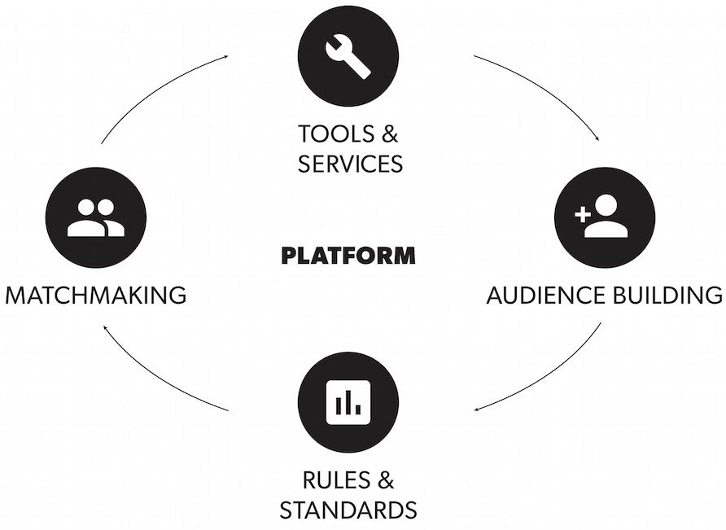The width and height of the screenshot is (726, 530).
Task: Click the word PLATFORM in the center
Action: tap(348, 256)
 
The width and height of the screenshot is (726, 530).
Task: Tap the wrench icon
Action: tap(348, 56)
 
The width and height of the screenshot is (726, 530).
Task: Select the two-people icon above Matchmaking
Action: tap(96, 218)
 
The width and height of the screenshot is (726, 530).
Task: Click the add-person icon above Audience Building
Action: tap(602, 218)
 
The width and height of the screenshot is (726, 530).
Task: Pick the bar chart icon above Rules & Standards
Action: tap(348, 401)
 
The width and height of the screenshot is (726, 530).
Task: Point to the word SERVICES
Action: tap(350, 164)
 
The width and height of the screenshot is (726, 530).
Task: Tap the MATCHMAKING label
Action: tap(96, 295)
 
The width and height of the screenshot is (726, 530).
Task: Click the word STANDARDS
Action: tap(348, 510)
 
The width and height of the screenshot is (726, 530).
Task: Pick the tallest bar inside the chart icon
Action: tap(348, 400)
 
